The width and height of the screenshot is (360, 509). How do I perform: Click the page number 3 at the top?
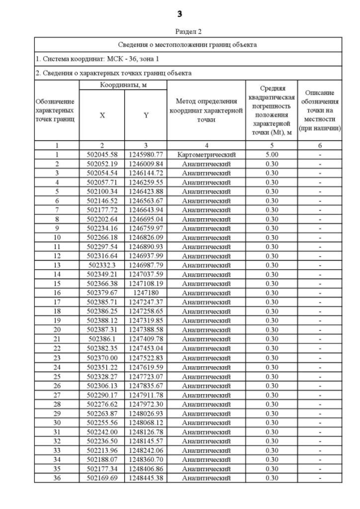tap(179, 13)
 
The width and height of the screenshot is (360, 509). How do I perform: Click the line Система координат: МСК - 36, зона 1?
tap(89, 58)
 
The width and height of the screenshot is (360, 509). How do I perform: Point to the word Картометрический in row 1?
tap(206, 154)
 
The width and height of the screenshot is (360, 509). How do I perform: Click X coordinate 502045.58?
tap(102, 154)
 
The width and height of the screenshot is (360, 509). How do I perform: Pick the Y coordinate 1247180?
tap(146, 293)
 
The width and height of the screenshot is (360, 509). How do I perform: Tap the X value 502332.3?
tap(102, 265)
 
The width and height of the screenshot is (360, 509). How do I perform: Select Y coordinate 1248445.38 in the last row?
tap(146, 478)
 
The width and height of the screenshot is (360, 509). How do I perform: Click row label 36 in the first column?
tap(57, 478)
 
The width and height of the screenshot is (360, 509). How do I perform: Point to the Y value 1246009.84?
tap(146, 164)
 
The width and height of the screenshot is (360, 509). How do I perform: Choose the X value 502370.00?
tap(102, 358)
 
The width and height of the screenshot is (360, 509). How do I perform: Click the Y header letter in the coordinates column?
tap(146, 115)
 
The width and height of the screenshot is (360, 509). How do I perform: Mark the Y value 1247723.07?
tap(146, 376)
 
